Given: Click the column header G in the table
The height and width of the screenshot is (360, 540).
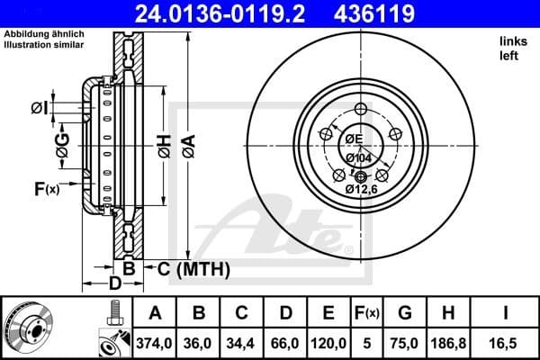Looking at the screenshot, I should [x=406, y=314].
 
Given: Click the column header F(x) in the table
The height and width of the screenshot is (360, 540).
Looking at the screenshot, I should [x=368, y=314].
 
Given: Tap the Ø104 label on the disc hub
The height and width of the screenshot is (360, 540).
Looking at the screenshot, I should [x=360, y=157].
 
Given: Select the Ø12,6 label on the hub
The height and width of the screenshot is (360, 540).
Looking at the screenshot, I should [x=362, y=189].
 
